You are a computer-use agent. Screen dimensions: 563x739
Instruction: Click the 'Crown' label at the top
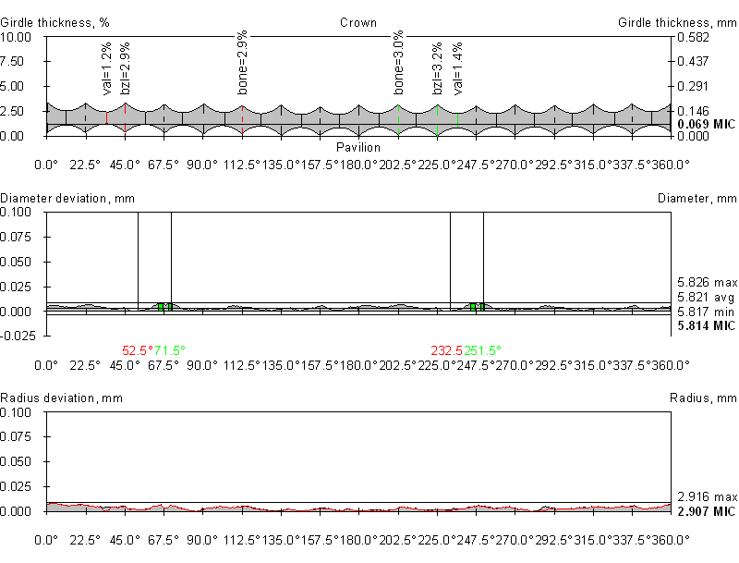[x=357, y=22]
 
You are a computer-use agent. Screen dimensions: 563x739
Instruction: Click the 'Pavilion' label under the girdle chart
[x=357, y=147]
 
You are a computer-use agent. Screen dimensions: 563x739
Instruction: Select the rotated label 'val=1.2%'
[x=107, y=68]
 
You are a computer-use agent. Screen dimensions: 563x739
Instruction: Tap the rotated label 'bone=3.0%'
[x=399, y=67]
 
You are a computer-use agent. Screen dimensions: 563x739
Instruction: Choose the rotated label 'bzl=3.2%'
[x=438, y=67]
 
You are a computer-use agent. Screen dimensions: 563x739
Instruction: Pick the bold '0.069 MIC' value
[x=707, y=124]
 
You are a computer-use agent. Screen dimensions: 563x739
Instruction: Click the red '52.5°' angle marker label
[x=138, y=350]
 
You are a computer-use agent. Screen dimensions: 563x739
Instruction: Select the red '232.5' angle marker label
[x=447, y=350]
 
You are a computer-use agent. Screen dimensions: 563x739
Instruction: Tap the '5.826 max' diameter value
[x=707, y=282]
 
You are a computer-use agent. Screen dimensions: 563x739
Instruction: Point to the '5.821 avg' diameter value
[x=707, y=297]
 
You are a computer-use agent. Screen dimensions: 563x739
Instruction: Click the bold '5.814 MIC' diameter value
[x=707, y=326]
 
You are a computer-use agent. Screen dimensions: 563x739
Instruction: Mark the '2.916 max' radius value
[x=707, y=496]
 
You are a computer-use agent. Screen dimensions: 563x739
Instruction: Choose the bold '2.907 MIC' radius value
[x=707, y=511]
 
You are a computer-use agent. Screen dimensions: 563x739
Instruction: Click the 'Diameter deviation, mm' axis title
[x=56, y=199]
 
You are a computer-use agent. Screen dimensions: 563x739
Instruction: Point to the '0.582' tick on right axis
[x=693, y=37]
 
